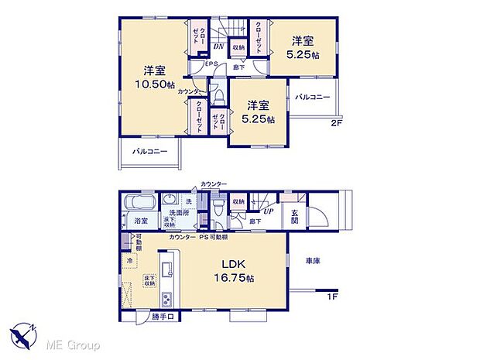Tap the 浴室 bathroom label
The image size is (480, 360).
(x=140, y=221)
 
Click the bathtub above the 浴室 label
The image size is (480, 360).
(x=141, y=203)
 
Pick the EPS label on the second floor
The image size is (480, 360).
(x=211, y=65)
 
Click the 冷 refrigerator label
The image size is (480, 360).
(x=129, y=261)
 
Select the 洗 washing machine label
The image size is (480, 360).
(x=188, y=201)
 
